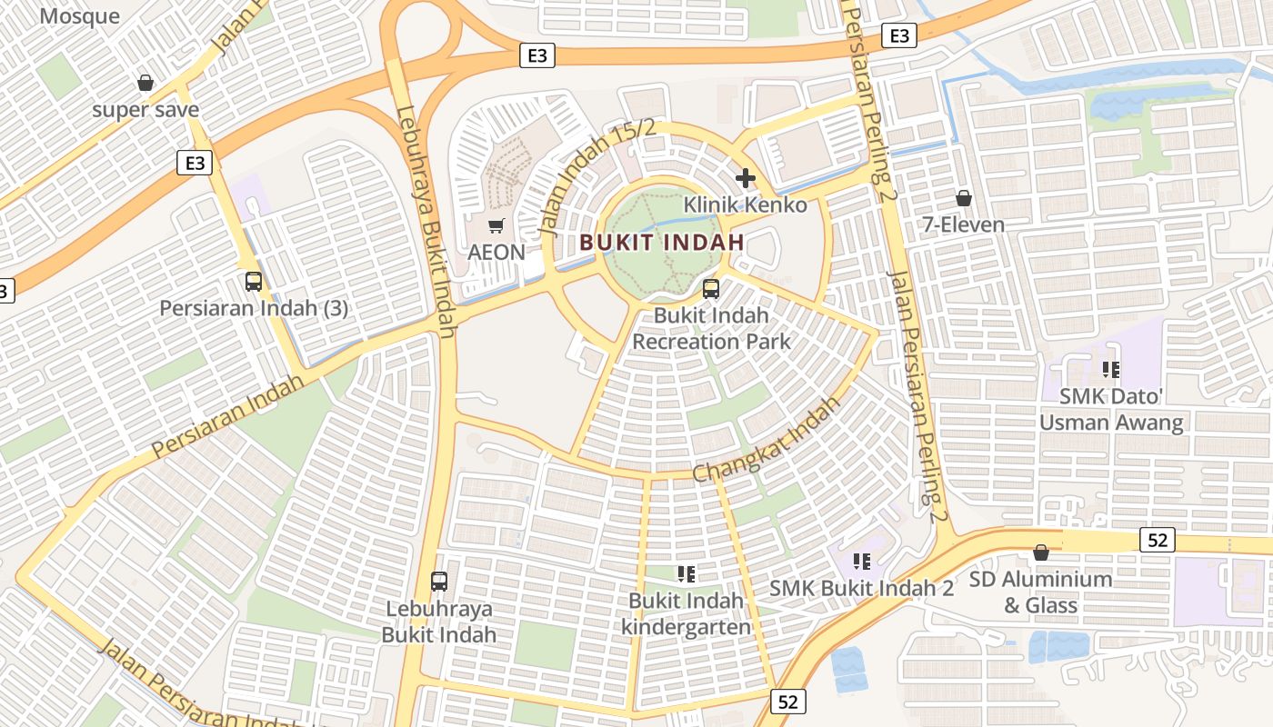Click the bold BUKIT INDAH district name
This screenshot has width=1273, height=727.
click(662, 243)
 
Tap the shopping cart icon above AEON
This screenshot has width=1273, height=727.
click(496, 225)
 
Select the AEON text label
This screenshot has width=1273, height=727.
click(496, 252)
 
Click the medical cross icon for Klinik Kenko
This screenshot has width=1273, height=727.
click(746, 177)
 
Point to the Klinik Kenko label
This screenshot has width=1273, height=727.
click(746, 204)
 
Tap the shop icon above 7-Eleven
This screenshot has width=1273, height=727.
click(964, 197)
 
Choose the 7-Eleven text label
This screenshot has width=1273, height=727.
click(964, 224)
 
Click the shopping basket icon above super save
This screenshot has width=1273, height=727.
click(145, 84)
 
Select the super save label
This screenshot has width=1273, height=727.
click(145, 110)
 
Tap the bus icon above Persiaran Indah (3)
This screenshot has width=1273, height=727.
click(254, 282)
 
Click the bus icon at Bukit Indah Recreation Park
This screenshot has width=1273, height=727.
click(711, 289)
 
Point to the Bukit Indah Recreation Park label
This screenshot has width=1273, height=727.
click(711, 328)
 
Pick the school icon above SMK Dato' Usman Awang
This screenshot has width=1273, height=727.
click(1111, 370)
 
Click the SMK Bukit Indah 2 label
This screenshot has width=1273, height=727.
click(862, 588)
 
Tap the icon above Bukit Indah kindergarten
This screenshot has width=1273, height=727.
click(687, 573)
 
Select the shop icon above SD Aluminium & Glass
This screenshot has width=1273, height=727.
click(1041, 553)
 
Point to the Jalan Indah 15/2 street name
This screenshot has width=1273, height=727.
click(597, 178)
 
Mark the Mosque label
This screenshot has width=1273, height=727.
click(80, 15)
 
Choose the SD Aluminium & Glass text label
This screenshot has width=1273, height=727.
click(1040, 592)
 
